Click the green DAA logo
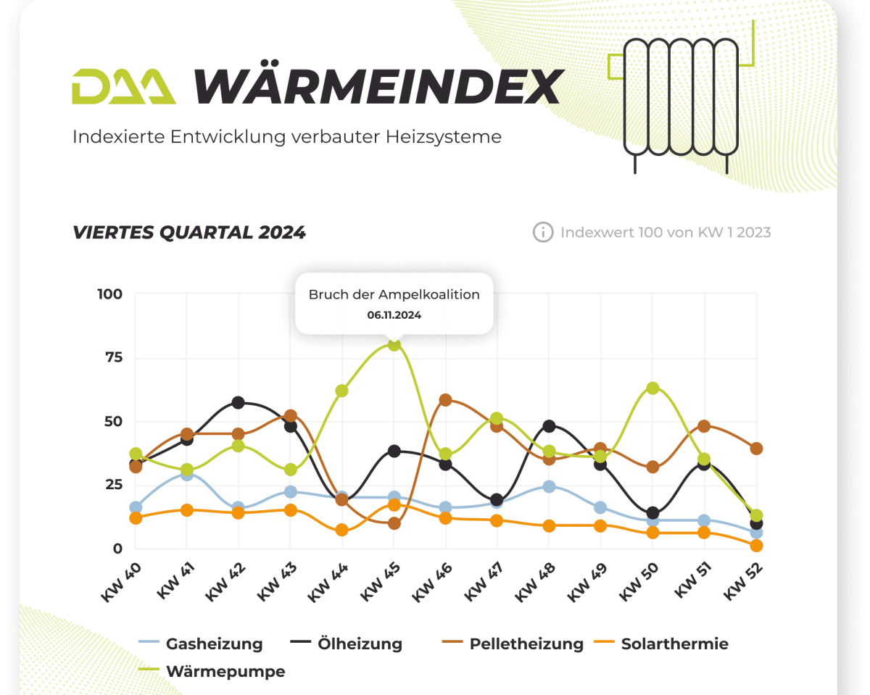pyautogui.click(x=123, y=87)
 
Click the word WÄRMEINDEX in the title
pyautogui.click(x=378, y=87)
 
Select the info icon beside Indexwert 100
pyautogui.click(x=542, y=233)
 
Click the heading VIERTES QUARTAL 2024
pyautogui.click(x=189, y=233)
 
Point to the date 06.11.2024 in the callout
pyautogui.click(x=394, y=315)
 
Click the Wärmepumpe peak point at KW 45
pyautogui.click(x=394, y=344)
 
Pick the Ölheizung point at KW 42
pyautogui.click(x=239, y=402)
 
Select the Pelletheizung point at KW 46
pyautogui.click(x=445, y=400)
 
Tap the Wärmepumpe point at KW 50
pyautogui.click(x=652, y=388)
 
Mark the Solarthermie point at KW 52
pyautogui.click(x=756, y=546)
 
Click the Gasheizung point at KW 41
pyautogui.click(x=187, y=475)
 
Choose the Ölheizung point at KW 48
pyautogui.click(x=549, y=426)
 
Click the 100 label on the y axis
pyautogui.click(x=109, y=294)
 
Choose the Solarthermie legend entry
pyautogui.click(x=660, y=644)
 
